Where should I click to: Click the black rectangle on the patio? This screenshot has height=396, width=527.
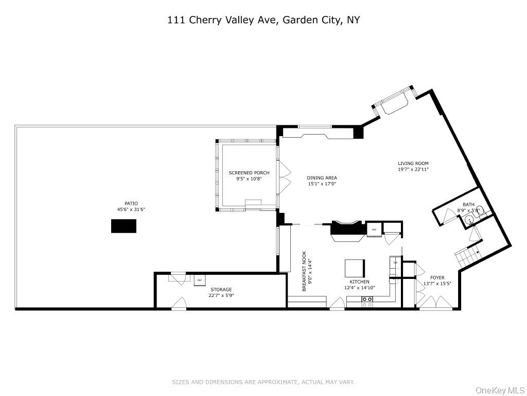click(x=124, y=226)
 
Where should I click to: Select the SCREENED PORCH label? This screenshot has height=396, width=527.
click(x=249, y=173)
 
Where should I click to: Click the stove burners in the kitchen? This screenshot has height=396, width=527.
click(x=367, y=302)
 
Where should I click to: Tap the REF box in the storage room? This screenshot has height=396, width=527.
click(x=199, y=280)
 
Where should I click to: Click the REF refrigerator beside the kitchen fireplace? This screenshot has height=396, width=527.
click(x=374, y=229)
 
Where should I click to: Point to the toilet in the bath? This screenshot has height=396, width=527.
click(x=479, y=210)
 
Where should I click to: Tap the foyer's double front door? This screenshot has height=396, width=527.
click(x=434, y=304)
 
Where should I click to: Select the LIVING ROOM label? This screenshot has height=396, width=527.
click(x=413, y=163)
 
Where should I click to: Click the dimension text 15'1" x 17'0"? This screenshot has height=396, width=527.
click(x=322, y=184)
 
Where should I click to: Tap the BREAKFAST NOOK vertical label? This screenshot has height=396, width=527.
click(x=304, y=271)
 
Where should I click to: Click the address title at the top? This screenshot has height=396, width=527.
click(x=263, y=20)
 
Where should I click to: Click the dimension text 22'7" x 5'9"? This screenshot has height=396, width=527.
click(x=221, y=295)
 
